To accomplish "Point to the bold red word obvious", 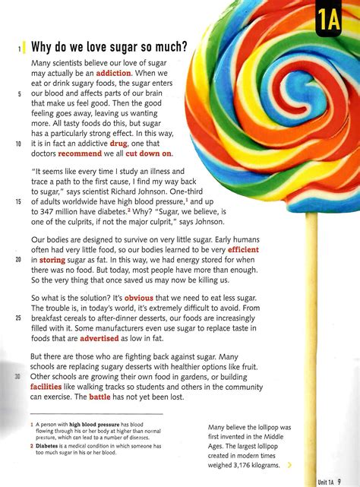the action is (x=139, y=298).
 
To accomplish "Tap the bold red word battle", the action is (x=100, y=396).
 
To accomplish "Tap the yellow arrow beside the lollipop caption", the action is (x=290, y=465).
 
